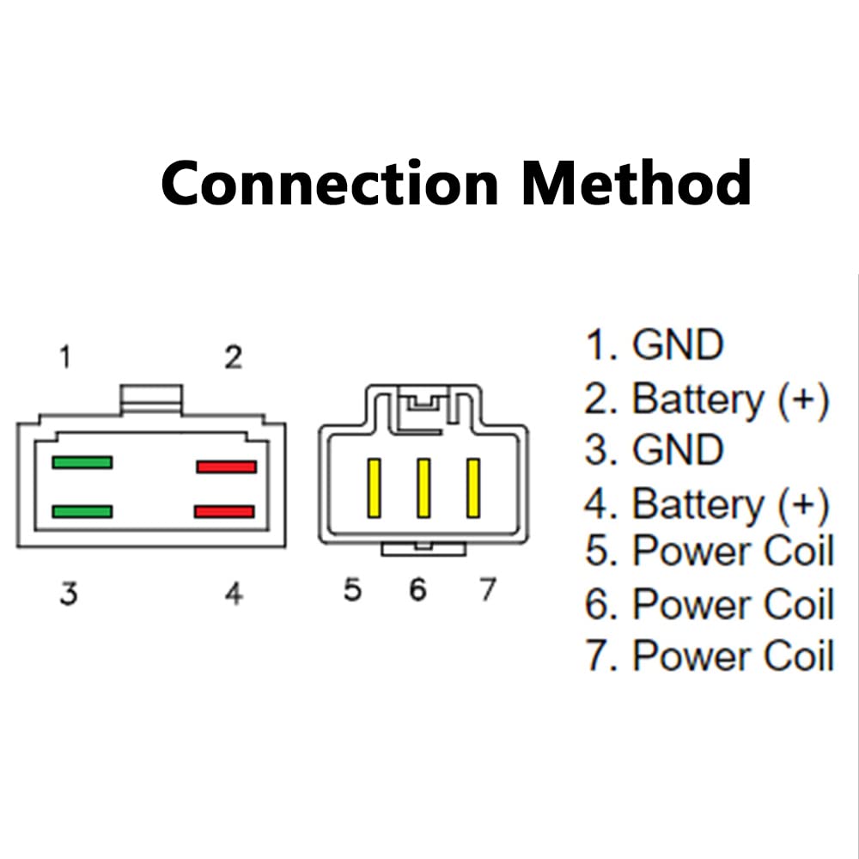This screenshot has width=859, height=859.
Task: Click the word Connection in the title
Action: click(330, 182)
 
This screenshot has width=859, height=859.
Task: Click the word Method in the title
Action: click(636, 182)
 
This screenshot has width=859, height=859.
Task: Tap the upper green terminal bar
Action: click(82, 462)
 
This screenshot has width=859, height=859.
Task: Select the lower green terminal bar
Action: click(82, 512)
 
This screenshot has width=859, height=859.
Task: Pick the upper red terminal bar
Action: click(226, 466)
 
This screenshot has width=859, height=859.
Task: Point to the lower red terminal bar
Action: click(224, 512)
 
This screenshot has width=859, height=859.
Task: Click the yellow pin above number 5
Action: click(375, 488)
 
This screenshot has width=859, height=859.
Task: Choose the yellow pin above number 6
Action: click(423, 488)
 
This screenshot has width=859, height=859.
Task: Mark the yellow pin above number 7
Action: click(473, 488)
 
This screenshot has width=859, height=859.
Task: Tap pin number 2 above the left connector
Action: click(234, 357)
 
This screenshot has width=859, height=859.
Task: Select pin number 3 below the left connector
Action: click(69, 594)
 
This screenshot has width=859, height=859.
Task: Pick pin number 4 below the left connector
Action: click(234, 594)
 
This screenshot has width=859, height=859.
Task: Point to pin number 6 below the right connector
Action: click(418, 589)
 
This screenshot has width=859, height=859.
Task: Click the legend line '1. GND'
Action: click(654, 344)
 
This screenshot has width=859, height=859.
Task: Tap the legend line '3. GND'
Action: click(654, 449)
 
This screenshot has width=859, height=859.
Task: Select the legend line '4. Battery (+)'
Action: click(707, 504)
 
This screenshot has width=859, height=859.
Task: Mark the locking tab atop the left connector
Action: click(151, 399)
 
